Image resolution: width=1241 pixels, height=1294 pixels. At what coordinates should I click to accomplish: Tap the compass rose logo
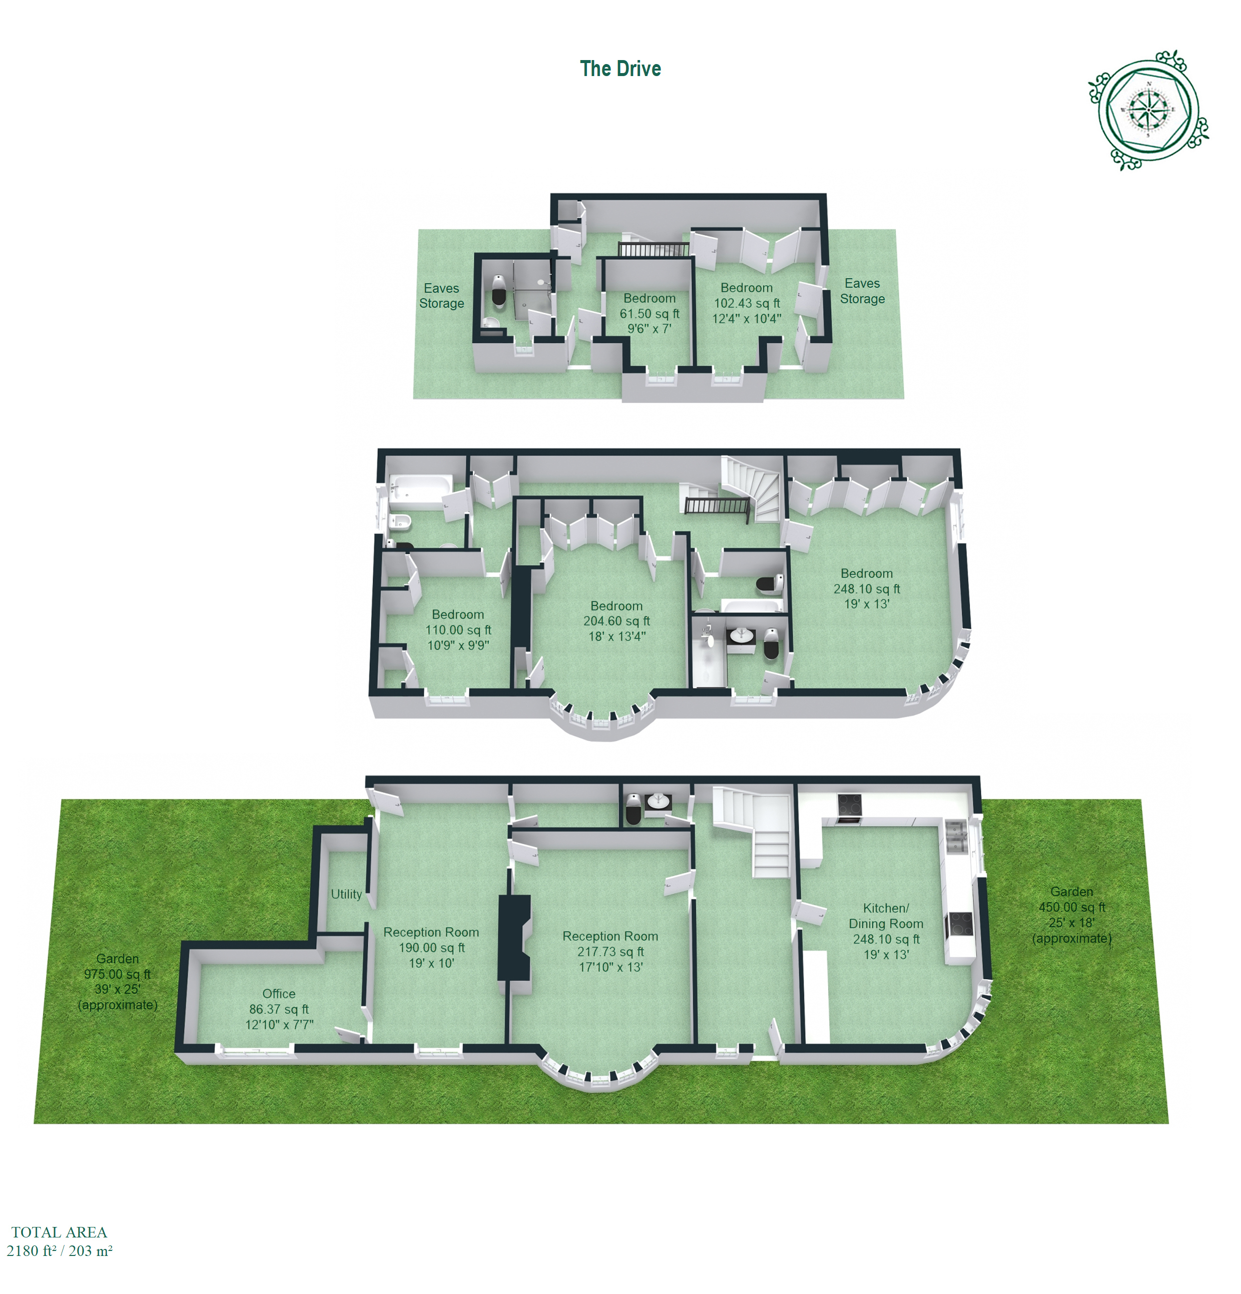[x=1148, y=110]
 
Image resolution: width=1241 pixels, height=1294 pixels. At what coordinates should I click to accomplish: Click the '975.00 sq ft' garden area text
[x=118, y=974]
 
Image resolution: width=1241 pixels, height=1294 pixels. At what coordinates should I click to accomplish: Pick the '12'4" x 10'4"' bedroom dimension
[x=747, y=318]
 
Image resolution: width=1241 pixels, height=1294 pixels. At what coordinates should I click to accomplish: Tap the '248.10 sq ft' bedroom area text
[x=867, y=589]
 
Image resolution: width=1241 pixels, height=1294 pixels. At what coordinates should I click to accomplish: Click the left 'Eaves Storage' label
[x=441, y=296]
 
